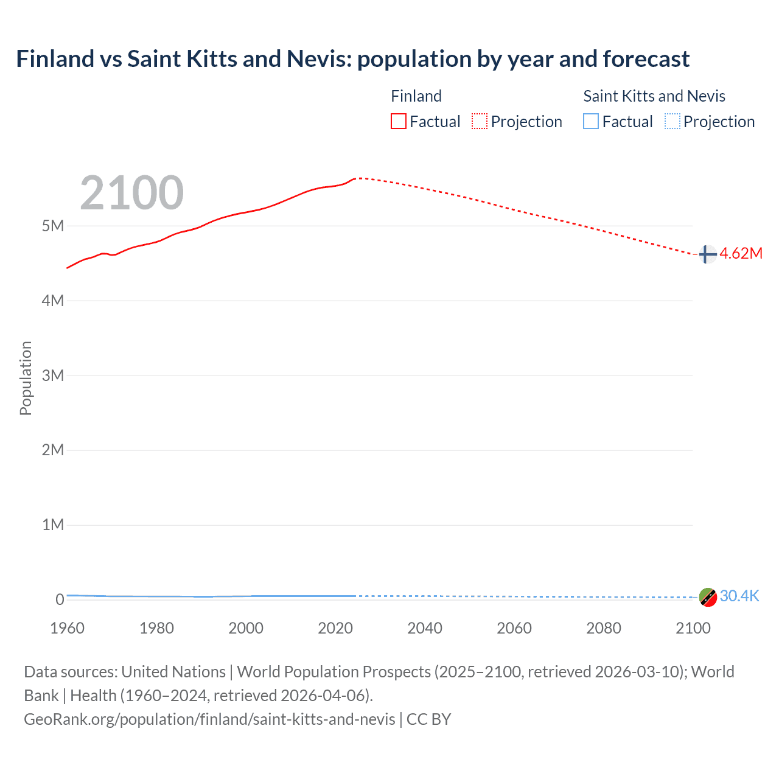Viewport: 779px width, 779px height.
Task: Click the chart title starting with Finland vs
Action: point(352,59)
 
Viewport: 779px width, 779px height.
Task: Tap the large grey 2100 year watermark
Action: point(131,193)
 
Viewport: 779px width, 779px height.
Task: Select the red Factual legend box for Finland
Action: point(398,122)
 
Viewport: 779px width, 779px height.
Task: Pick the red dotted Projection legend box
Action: point(480,122)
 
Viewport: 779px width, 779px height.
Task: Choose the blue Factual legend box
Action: point(591,122)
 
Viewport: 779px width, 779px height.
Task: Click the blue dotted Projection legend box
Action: point(672,122)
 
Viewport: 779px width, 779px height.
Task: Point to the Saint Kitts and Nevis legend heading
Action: point(654,96)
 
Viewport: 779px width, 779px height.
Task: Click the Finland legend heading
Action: point(416,96)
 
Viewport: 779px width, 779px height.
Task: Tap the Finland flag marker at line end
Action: point(707,254)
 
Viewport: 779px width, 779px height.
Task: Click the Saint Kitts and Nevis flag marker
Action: point(707,597)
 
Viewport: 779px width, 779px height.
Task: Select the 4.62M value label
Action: point(741,254)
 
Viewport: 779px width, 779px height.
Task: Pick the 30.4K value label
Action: point(739,596)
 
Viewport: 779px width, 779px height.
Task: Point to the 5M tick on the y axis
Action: point(53,226)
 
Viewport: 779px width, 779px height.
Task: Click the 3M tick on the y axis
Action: point(53,376)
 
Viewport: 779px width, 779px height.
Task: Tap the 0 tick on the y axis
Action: point(60,599)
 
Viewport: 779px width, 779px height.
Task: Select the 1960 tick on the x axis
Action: point(67,628)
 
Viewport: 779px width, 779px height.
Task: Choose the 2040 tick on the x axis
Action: point(425,628)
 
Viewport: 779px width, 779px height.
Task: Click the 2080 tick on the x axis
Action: point(604,628)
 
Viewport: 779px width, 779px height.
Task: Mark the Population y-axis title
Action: point(26,378)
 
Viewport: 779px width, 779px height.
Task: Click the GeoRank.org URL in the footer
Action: point(209,719)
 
